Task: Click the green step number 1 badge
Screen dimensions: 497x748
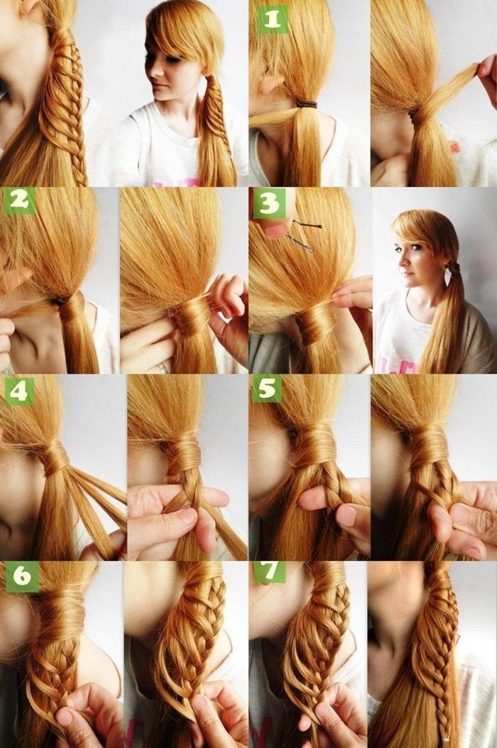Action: point(271,20)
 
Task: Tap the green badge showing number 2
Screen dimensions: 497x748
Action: point(19,200)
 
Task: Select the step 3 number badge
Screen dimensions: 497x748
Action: point(269,203)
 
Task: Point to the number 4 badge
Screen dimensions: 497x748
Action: point(19,391)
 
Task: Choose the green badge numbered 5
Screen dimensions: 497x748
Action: point(267,389)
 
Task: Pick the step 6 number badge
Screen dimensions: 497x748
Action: point(22,576)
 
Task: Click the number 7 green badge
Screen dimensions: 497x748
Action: point(270,572)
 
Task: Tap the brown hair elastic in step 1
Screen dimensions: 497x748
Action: point(306,104)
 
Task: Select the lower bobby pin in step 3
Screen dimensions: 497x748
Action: point(299,243)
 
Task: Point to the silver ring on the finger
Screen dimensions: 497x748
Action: point(163,367)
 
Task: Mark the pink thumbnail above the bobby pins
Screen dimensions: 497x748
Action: point(275,232)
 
